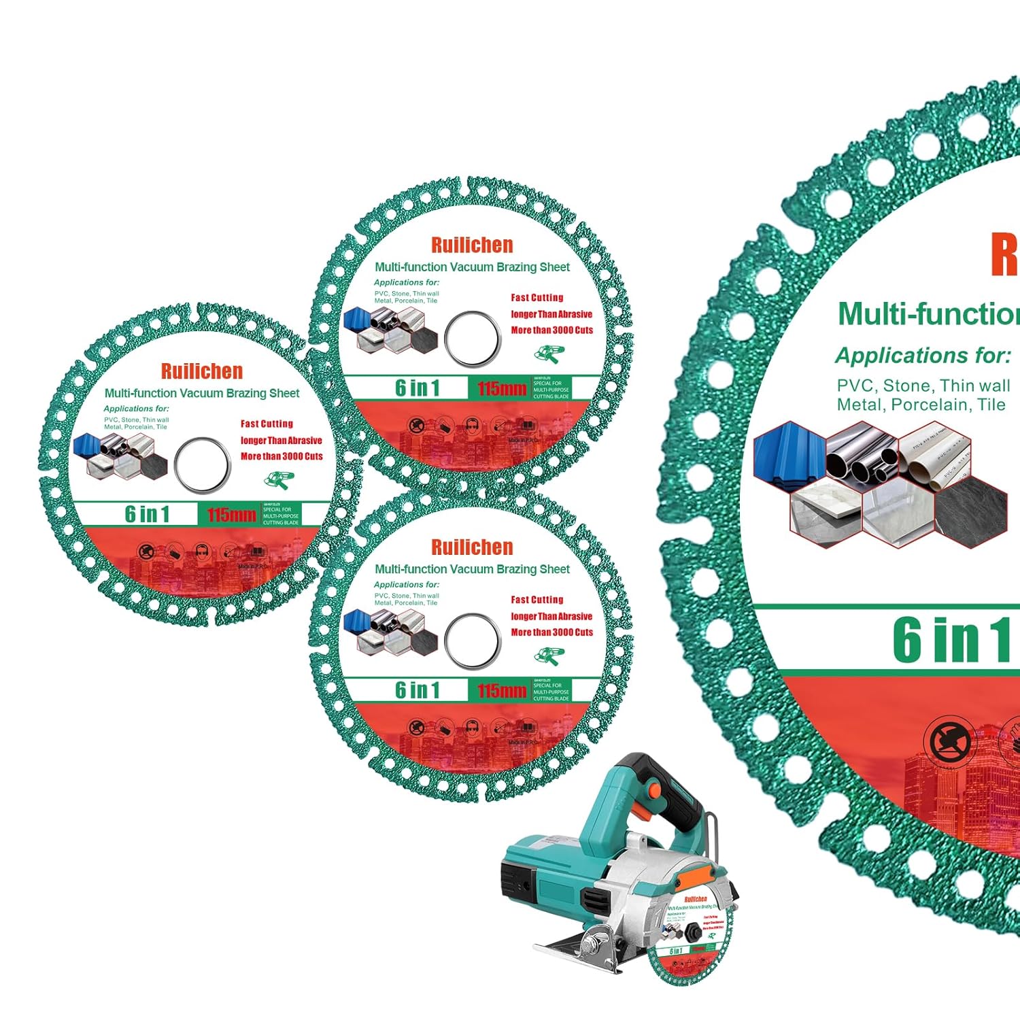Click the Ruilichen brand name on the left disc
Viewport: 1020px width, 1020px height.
(202, 371)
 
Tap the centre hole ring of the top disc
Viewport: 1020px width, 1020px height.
(473, 338)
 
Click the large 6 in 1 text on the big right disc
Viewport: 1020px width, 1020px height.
(952, 639)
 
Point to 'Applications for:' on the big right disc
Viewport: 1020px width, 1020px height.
(923, 356)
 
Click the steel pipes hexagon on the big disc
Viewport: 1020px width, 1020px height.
(862, 453)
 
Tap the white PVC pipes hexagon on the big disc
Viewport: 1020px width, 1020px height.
(935, 453)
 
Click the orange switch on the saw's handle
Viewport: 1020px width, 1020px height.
(653, 791)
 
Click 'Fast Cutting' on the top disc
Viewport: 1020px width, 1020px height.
(537, 298)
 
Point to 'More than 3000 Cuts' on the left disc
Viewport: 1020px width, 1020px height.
(282, 456)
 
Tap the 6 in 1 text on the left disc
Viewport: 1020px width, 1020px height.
(147, 514)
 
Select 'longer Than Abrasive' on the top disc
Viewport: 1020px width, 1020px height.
(551, 314)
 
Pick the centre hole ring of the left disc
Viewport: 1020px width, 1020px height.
(202, 464)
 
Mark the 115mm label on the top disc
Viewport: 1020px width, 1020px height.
(502, 389)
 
